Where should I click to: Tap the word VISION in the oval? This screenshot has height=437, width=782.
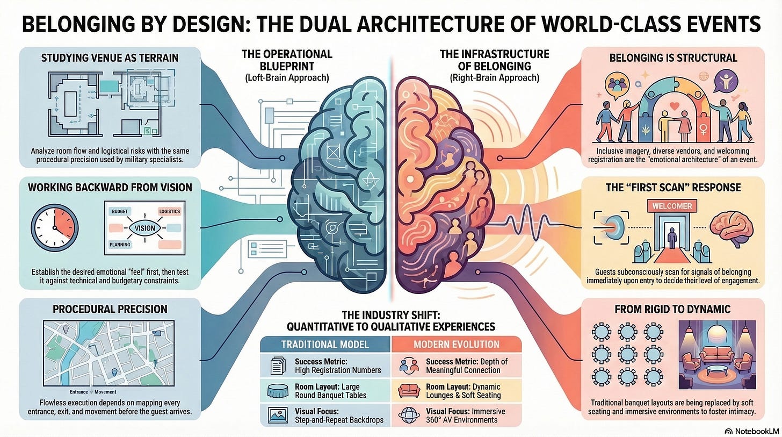[145, 228]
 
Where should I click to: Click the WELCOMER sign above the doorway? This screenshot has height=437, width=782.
[671, 206]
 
